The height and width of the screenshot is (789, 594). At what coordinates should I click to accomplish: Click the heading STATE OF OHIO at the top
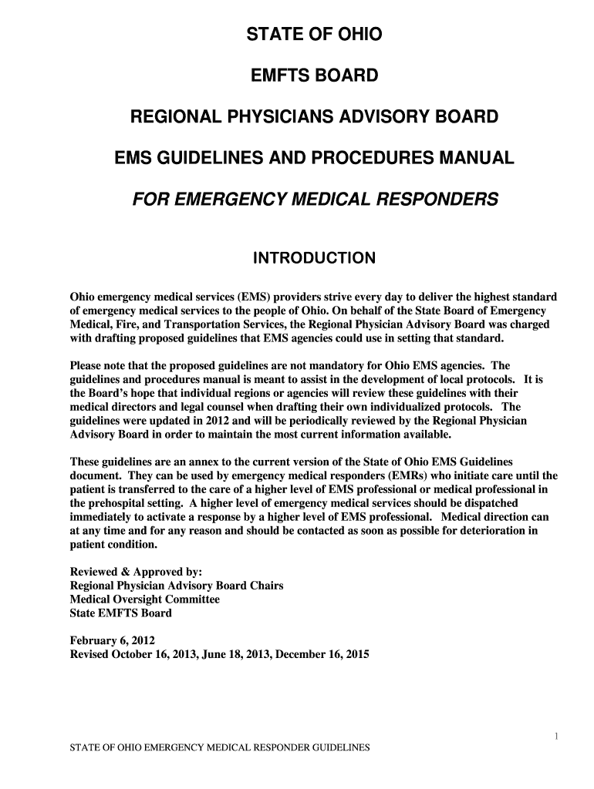tap(313, 35)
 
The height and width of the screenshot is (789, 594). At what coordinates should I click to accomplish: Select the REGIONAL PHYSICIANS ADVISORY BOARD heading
tap(313, 118)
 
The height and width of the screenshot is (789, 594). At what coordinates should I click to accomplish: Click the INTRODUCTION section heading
tap(314, 258)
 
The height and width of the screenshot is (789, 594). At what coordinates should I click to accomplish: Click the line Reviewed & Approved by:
tap(136, 572)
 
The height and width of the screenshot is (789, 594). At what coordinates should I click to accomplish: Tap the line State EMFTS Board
tap(120, 613)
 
